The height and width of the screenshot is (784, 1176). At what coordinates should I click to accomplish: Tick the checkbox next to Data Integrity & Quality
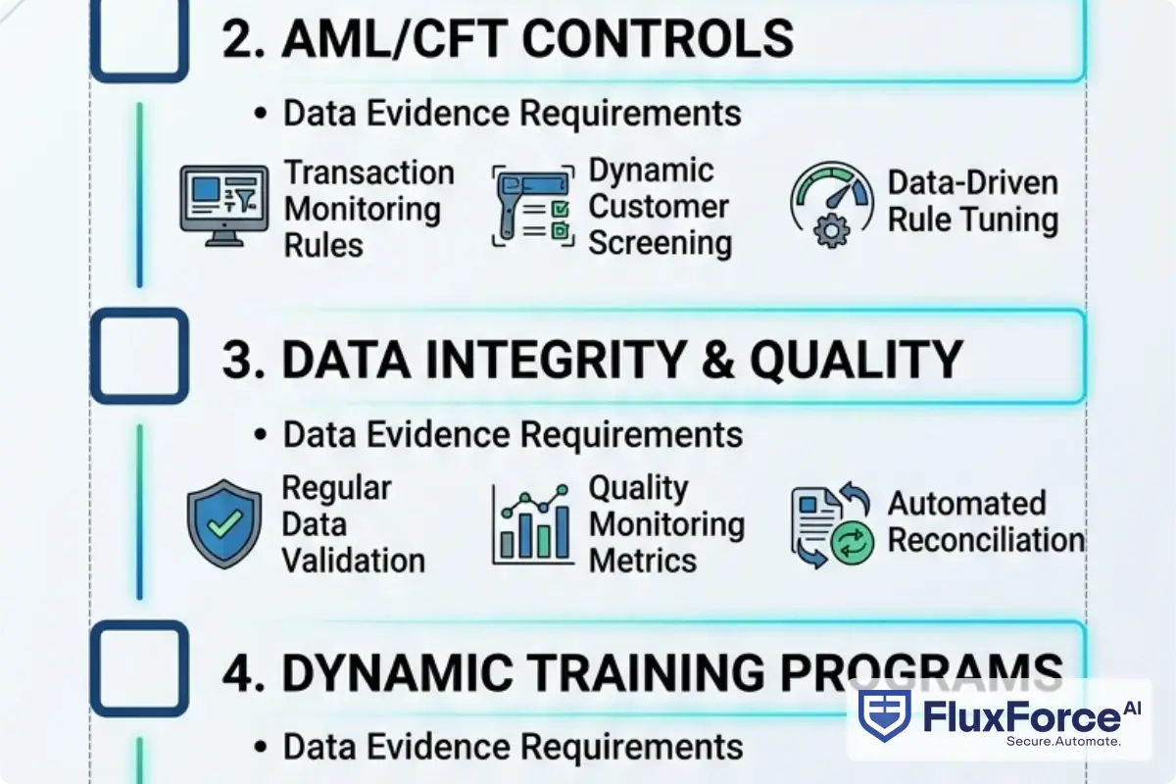138,356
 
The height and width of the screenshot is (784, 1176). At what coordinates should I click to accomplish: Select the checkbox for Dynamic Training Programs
138,667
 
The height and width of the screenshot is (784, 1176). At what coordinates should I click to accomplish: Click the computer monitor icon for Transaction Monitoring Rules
224,204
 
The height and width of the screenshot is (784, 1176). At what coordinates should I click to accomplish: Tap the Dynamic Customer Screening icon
531,207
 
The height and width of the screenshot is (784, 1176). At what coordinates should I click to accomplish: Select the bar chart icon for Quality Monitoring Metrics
532,523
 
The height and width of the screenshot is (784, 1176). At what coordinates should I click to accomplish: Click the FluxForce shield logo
883,714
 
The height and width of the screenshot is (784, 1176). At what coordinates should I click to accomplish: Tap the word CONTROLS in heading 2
658,38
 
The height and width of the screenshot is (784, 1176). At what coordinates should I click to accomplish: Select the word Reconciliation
985,541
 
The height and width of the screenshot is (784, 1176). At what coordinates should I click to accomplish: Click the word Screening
660,243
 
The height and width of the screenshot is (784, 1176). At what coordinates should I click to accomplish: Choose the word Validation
353,561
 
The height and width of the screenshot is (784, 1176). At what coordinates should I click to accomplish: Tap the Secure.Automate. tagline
1062,742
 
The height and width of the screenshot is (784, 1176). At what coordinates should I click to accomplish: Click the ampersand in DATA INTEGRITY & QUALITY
719,361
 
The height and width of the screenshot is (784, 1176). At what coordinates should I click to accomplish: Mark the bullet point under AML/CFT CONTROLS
260,114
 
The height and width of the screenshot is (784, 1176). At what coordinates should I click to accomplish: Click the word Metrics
643,561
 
